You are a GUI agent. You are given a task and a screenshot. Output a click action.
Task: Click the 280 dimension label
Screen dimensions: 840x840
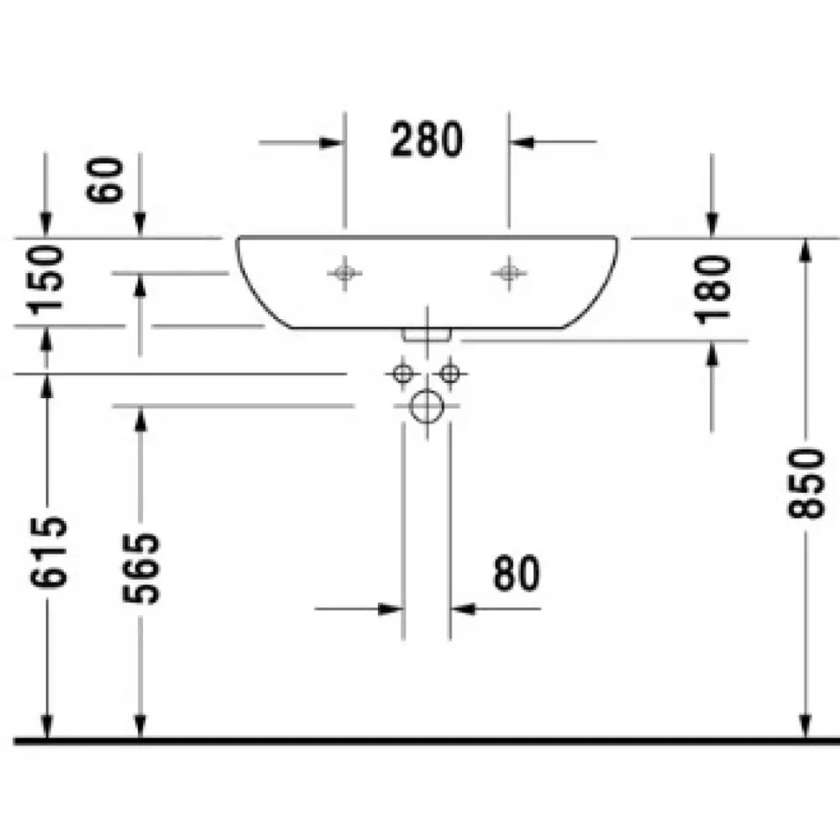click(427, 139)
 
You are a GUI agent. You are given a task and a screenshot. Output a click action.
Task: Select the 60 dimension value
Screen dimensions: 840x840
click(104, 180)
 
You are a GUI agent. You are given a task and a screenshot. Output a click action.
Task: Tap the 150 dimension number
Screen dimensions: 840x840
click(45, 279)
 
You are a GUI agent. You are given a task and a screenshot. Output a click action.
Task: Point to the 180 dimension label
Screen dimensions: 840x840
click(712, 290)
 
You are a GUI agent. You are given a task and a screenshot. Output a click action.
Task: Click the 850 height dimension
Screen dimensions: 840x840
click(806, 483)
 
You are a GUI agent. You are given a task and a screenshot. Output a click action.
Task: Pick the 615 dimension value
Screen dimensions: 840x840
click(48, 552)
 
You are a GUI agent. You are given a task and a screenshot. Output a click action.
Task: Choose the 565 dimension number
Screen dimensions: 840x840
click(141, 569)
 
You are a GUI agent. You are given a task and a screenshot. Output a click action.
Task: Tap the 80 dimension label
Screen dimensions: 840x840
click(517, 573)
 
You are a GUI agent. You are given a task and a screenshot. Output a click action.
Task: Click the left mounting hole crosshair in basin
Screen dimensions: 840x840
click(344, 273)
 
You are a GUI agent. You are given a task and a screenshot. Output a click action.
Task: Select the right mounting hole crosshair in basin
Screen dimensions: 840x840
click(509, 273)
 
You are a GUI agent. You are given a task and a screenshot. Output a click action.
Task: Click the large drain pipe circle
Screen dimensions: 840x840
click(427, 406)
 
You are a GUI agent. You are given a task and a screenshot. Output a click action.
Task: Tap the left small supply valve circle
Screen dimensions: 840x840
click(403, 374)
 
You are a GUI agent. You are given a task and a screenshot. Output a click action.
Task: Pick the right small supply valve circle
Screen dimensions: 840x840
click(449, 374)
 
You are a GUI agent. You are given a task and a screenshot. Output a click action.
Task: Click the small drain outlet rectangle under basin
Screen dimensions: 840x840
click(427, 335)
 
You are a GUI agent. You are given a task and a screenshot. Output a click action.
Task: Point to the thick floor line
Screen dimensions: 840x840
click(427, 742)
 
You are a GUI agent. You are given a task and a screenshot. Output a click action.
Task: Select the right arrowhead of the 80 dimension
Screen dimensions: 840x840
click(463, 609)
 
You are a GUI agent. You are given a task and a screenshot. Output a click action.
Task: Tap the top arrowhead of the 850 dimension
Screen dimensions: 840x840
click(805, 250)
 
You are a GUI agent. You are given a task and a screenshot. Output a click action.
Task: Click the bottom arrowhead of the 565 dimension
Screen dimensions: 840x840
click(139, 727)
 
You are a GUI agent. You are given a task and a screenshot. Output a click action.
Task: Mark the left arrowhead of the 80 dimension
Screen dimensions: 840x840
click(390, 609)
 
